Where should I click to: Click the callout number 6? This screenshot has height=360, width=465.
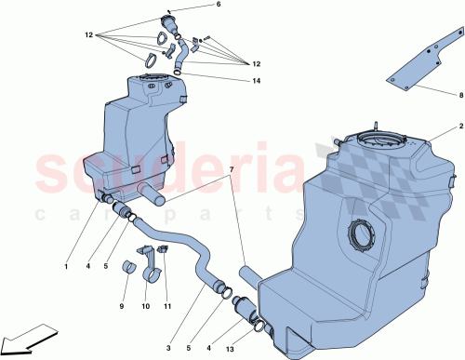[x=219, y=6]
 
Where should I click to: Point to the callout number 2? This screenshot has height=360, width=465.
[x=459, y=126]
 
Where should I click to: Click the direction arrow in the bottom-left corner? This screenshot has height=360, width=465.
[x=27, y=337]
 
